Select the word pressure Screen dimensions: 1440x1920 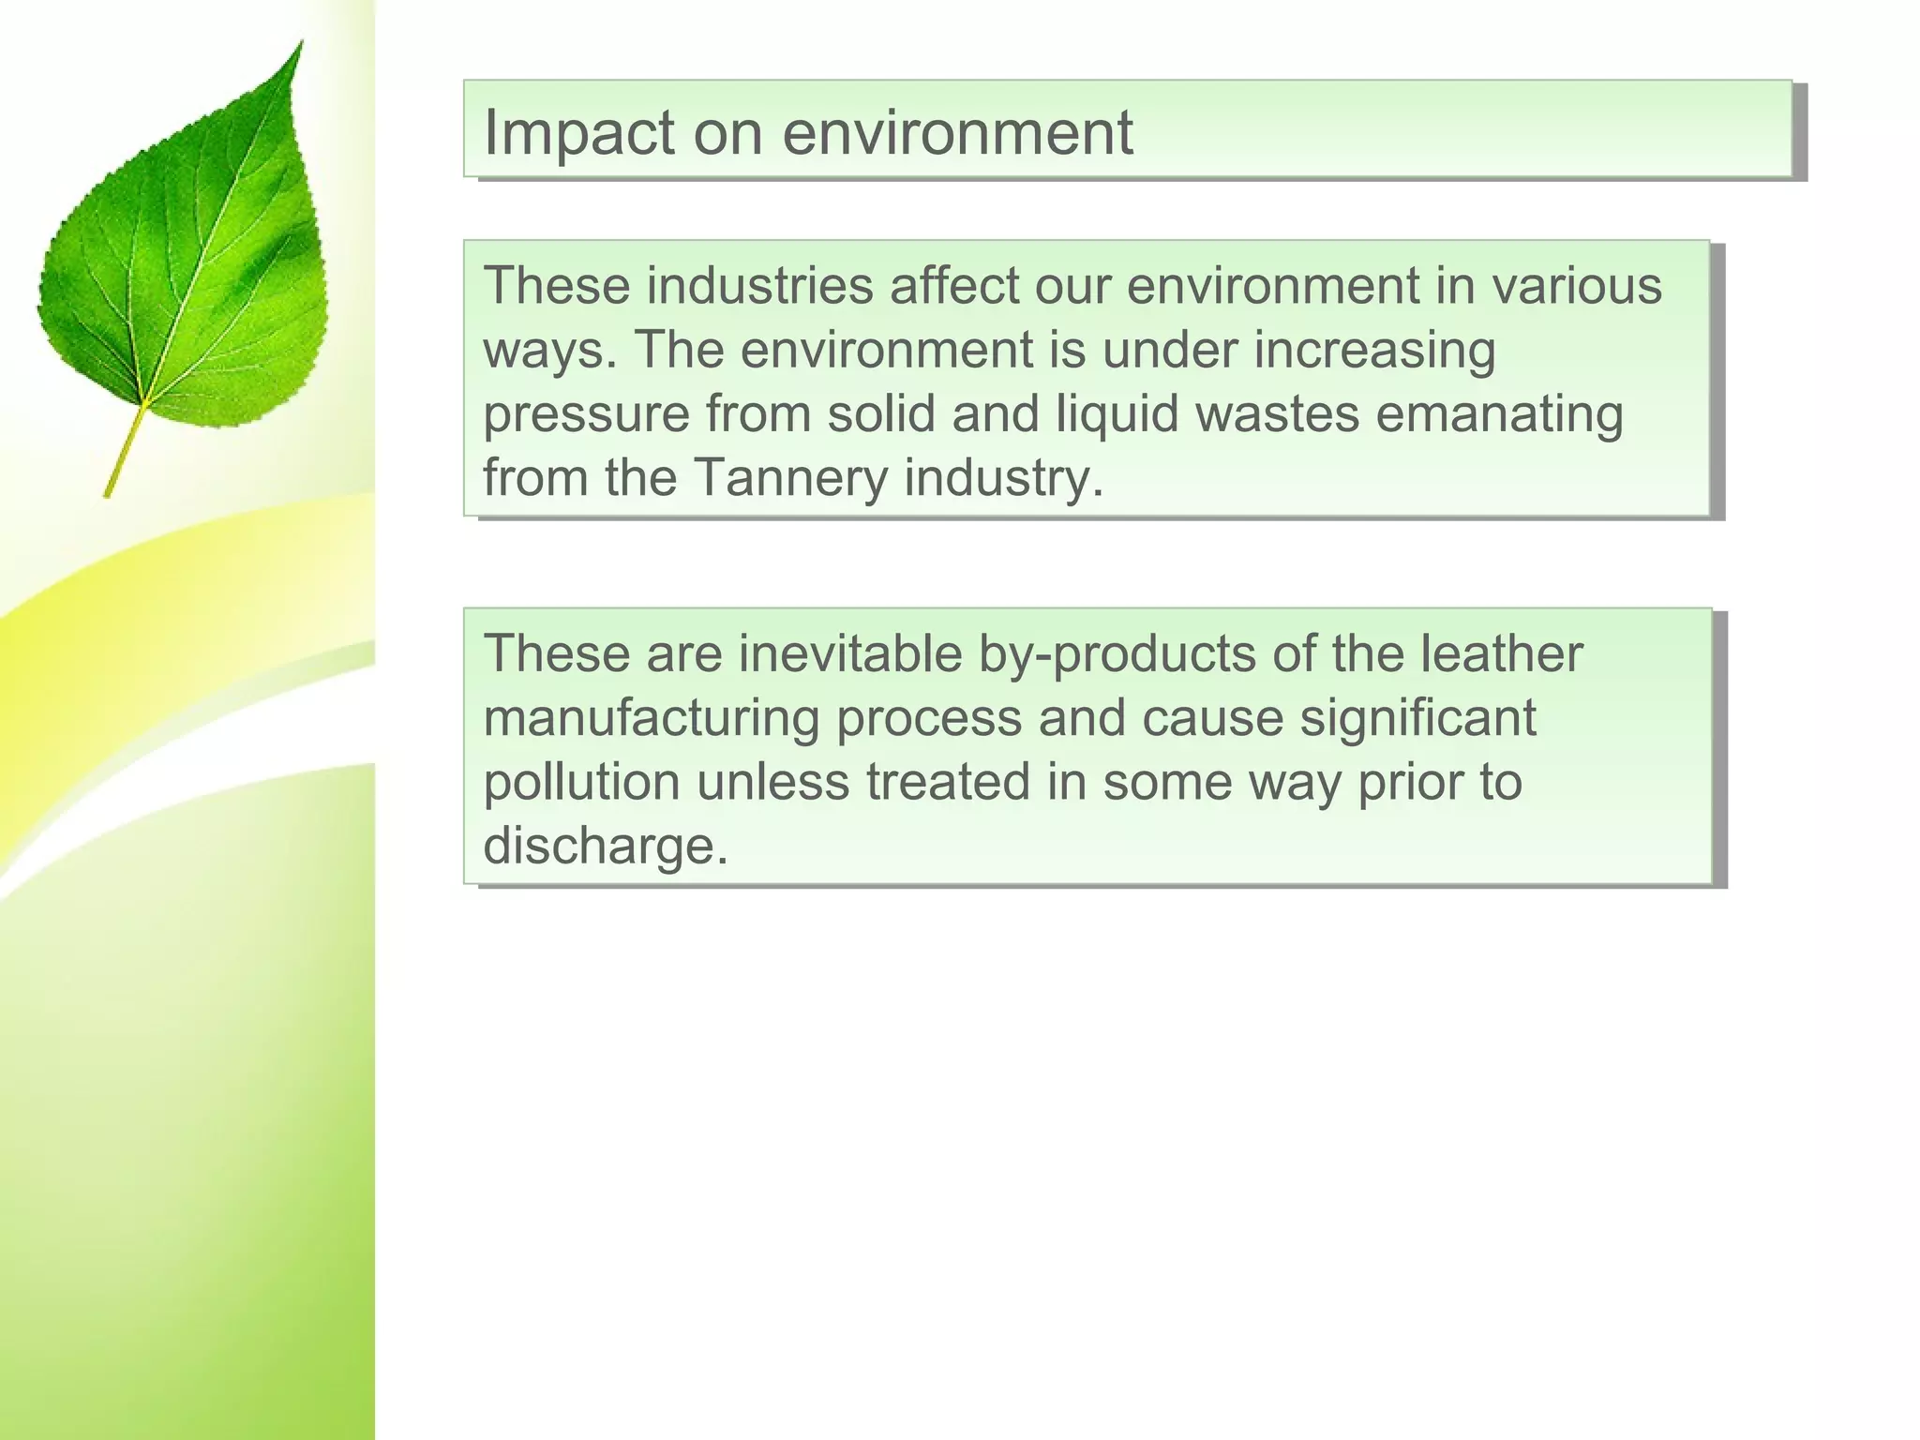586,414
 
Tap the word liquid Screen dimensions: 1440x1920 1117,414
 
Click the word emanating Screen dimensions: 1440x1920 1499,414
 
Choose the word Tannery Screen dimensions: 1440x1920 789,478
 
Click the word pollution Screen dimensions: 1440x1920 581,783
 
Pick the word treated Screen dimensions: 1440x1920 948,783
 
